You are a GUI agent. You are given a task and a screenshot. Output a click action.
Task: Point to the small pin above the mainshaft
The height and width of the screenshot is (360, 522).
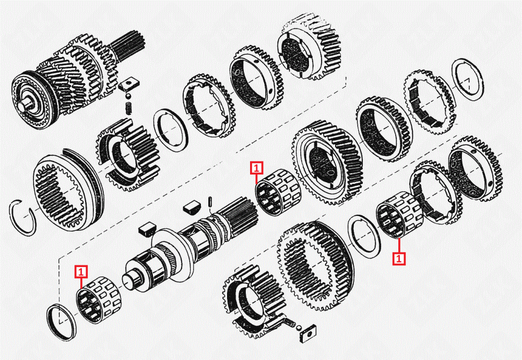[211, 202]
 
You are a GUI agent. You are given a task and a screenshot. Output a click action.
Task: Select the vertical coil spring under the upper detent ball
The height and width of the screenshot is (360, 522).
[128, 108]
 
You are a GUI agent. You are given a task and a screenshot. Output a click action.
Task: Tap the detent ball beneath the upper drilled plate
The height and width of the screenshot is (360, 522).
[128, 97]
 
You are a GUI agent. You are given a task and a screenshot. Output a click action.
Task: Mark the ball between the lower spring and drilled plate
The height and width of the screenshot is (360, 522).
[299, 328]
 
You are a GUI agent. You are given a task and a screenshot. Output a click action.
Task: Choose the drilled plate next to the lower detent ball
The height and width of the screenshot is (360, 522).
[307, 333]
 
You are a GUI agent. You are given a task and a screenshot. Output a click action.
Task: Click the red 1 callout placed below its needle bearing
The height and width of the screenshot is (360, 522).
[399, 258]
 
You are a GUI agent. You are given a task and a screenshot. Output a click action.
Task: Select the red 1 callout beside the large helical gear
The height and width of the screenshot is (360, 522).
[257, 168]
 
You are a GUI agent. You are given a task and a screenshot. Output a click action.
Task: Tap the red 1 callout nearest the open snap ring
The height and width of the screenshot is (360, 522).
[81, 272]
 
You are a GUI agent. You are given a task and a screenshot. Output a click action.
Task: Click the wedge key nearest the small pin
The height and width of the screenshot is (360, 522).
[192, 207]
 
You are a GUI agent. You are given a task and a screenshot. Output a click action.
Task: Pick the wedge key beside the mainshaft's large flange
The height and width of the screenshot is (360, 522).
[147, 230]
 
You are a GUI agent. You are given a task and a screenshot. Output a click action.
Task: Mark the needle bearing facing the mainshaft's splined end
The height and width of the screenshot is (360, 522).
[278, 193]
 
